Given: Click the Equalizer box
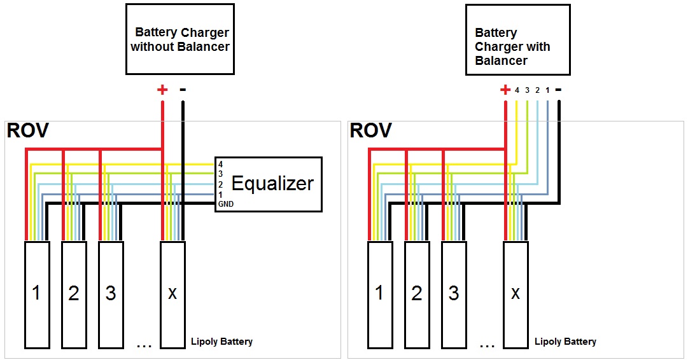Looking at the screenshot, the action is [268, 184].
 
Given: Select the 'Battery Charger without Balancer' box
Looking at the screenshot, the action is [180, 39].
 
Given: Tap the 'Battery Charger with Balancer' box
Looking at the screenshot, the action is [518, 39].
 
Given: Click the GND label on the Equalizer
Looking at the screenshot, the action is [226, 204].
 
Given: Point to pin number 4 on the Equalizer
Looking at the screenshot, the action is [220, 164].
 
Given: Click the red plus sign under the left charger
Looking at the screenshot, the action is [162, 90].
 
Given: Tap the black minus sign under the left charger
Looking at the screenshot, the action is [183, 90].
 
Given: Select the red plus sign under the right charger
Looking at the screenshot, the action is [505, 90].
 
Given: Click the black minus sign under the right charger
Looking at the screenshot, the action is [558, 90].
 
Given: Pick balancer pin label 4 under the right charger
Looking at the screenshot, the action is [517, 90].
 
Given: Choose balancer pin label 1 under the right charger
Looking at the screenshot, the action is [547, 90].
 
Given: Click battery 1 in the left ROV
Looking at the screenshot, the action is [36, 294].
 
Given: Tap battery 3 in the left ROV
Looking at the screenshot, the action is [111, 294].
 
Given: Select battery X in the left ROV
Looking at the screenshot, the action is [172, 294].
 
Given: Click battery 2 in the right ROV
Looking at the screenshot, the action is [417, 294].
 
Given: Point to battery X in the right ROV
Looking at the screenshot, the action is [516, 294].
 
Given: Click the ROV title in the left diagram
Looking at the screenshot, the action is [27, 130].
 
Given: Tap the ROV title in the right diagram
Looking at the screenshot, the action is [371, 130].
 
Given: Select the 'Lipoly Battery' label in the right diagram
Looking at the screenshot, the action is [565, 342].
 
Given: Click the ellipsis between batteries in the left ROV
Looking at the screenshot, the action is [144, 347].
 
